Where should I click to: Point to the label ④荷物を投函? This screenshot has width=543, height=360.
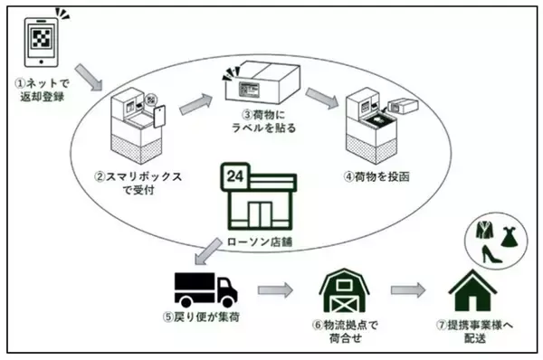tap(384, 176)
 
